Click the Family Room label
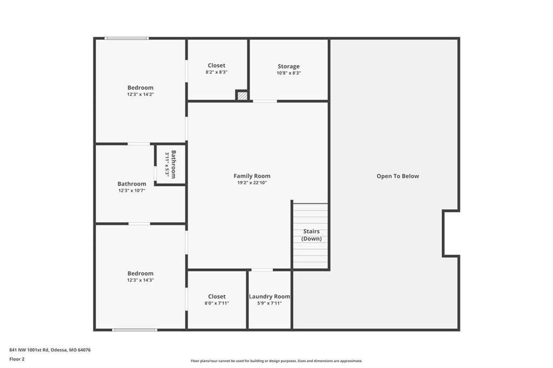tap(252, 176)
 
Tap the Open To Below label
tap(398, 176)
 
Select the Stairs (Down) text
tap(312, 235)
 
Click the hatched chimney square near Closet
tap(242, 96)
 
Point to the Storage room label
tap(288, 66)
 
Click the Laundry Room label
tap(269, 296)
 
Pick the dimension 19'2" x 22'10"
tap(252, 182)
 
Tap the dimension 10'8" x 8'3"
tap(288, 73)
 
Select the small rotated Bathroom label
tap(173, 164)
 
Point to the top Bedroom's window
tap(126, 38)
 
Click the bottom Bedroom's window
tap(134, 330)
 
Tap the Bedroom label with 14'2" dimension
tap(140, 87)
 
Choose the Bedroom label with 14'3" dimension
tap(140, 273)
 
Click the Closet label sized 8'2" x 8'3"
tap(217, 65)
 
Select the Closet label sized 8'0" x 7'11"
tap(217, 296)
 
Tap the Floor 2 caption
tap(17, 359)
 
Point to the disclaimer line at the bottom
tap(276, 361)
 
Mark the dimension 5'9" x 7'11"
tap(269, 303)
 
